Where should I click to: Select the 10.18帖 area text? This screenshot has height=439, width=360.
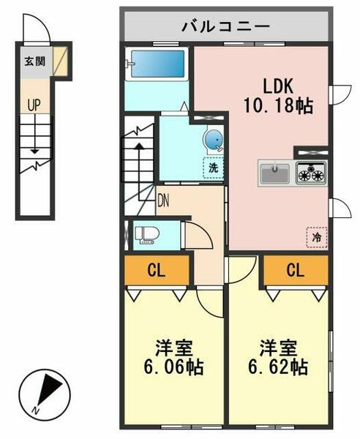(x=277, y=107)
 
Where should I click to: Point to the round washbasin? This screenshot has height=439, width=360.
(x=213, y=138)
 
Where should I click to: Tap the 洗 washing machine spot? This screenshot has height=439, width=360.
(x=213, y=167)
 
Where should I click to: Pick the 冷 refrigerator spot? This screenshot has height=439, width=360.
(x=317, y=237)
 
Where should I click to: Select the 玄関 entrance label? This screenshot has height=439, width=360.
(x=34, y=61)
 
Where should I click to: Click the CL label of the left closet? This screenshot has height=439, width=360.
(x=156, y=271)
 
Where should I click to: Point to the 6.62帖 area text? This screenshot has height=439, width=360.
(x=282, y=366)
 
